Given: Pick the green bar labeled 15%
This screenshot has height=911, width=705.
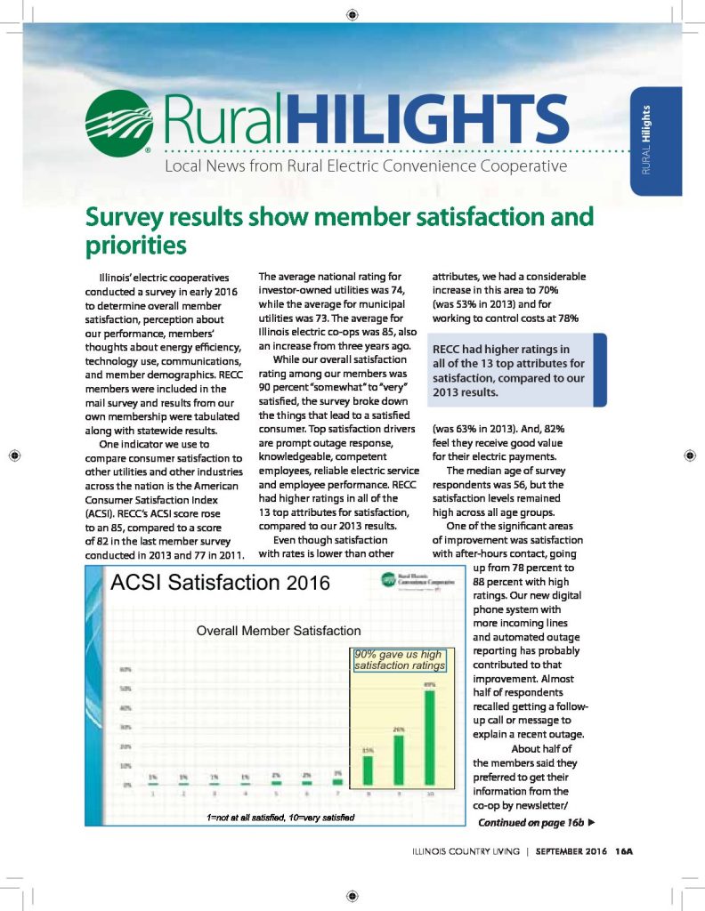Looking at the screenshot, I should coord(368,770).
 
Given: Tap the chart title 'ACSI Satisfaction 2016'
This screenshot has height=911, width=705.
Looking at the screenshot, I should coord(220,584).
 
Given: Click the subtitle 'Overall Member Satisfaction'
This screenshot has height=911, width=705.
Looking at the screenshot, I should coord(279,631).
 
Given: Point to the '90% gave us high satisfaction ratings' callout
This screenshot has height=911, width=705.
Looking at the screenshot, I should coord(399,660).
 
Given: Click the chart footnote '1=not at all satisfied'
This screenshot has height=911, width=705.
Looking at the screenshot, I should coord(242,817).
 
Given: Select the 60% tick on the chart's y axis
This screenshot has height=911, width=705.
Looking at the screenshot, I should coord(126,670).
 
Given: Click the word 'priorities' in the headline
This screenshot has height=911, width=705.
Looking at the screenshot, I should coord(135,243).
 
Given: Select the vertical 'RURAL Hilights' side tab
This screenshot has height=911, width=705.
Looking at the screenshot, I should coord(657,141).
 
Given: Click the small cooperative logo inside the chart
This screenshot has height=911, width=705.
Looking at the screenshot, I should coord(389,580).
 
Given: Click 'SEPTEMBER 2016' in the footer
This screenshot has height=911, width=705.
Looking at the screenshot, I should coord(571,850).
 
